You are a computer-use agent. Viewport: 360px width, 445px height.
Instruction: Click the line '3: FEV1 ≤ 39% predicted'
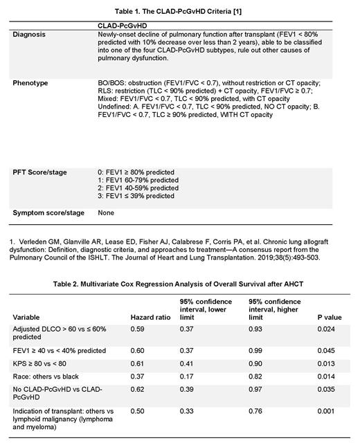pos(136,196)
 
